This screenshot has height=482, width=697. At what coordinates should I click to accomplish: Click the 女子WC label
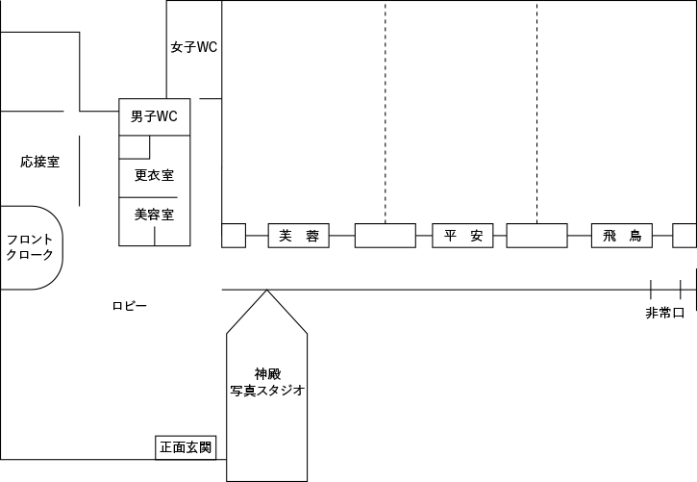(x=194, y=46)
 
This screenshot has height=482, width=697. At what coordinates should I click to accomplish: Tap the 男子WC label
(x=154, y=117)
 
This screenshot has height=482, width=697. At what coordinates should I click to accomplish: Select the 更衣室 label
(x=154, y=175)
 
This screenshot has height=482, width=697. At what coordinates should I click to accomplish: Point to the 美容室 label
(x=154, y=214)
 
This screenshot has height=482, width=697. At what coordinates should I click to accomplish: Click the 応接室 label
(x=39, y=162)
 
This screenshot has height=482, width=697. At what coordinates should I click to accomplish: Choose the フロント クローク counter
(x=30, y=247)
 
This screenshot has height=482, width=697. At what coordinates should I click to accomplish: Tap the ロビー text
(x=129, y=305)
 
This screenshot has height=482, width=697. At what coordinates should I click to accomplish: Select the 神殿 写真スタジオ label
(x=267, y=382)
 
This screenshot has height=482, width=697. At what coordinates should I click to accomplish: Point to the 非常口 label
(x=664, y=313)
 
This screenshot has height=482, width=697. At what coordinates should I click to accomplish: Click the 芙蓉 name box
(x=299, y=236)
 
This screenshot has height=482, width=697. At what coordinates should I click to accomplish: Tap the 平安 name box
(x=463, y=236)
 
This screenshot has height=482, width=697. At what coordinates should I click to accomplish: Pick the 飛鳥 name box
(x=622, y=236)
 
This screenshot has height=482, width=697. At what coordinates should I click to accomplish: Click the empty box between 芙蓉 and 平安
(x=385, y=236)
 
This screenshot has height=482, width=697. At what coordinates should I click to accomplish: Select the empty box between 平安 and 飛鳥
(x=536, y=236)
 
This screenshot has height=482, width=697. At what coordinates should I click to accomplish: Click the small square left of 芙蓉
(x=234, y=236)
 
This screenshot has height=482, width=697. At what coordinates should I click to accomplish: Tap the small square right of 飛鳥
(x=684, y=236)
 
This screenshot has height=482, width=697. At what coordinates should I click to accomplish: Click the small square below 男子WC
(x=135, y=146)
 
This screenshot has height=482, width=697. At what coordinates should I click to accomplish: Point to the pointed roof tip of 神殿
(x=267, y=292)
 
